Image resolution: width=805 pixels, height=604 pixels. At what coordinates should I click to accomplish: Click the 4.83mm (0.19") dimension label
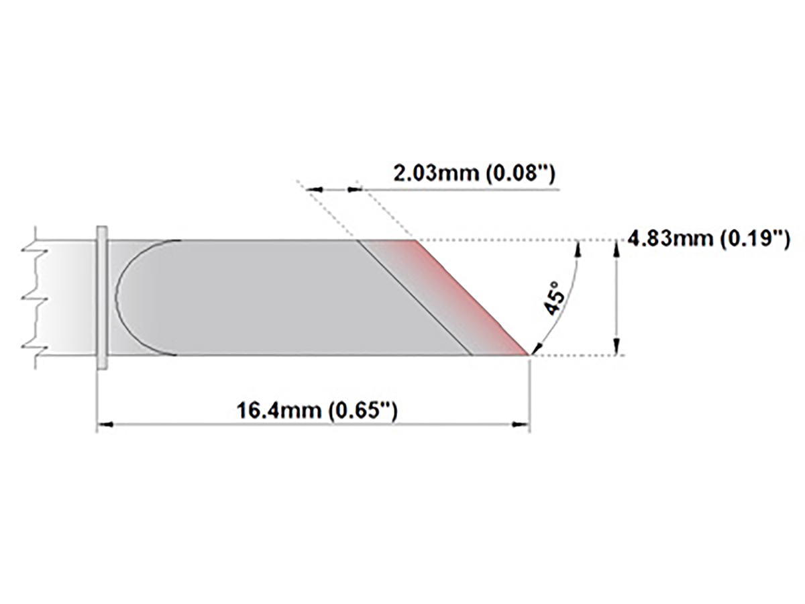point(708,238)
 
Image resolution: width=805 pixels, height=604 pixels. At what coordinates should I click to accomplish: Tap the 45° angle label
point(556,297)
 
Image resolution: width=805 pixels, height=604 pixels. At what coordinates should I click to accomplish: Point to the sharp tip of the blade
point(529,354)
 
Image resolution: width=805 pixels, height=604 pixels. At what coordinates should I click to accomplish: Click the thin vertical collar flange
point(102,297)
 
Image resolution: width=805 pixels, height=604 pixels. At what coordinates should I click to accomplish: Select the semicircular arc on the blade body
point(119,297)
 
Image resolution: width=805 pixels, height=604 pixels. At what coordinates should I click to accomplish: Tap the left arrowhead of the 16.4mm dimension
point(105,424)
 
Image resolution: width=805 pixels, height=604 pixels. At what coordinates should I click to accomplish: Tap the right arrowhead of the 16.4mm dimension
point(521,424)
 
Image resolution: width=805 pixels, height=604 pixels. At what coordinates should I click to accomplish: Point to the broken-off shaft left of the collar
point(64,297)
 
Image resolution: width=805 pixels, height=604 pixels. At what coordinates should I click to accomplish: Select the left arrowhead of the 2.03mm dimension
point(315,191)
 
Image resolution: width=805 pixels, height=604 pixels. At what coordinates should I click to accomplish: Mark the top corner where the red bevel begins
point(414,240)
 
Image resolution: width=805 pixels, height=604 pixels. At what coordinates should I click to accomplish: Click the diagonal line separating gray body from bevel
point(415,297)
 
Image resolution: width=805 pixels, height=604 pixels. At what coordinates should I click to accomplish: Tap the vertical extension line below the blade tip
point(530,396)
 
